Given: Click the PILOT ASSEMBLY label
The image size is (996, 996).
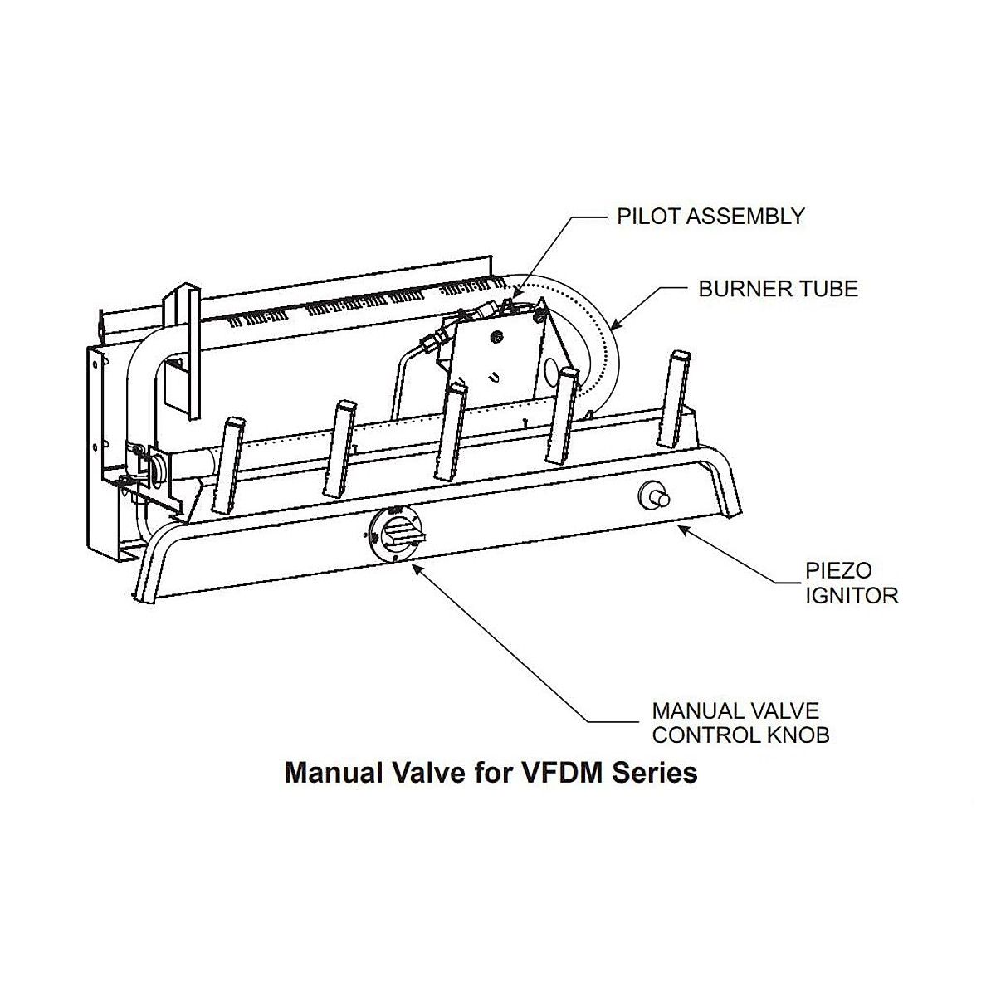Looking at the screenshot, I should click(x=710, y=217).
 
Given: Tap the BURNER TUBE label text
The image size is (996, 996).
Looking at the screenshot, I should click(x=778, y=289).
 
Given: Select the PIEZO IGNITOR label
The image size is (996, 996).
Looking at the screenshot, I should click(x=852, y=583).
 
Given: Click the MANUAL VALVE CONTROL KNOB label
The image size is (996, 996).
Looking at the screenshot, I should click(x=740, y=723).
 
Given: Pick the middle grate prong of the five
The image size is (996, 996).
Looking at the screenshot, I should click(x=452, y=431).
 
